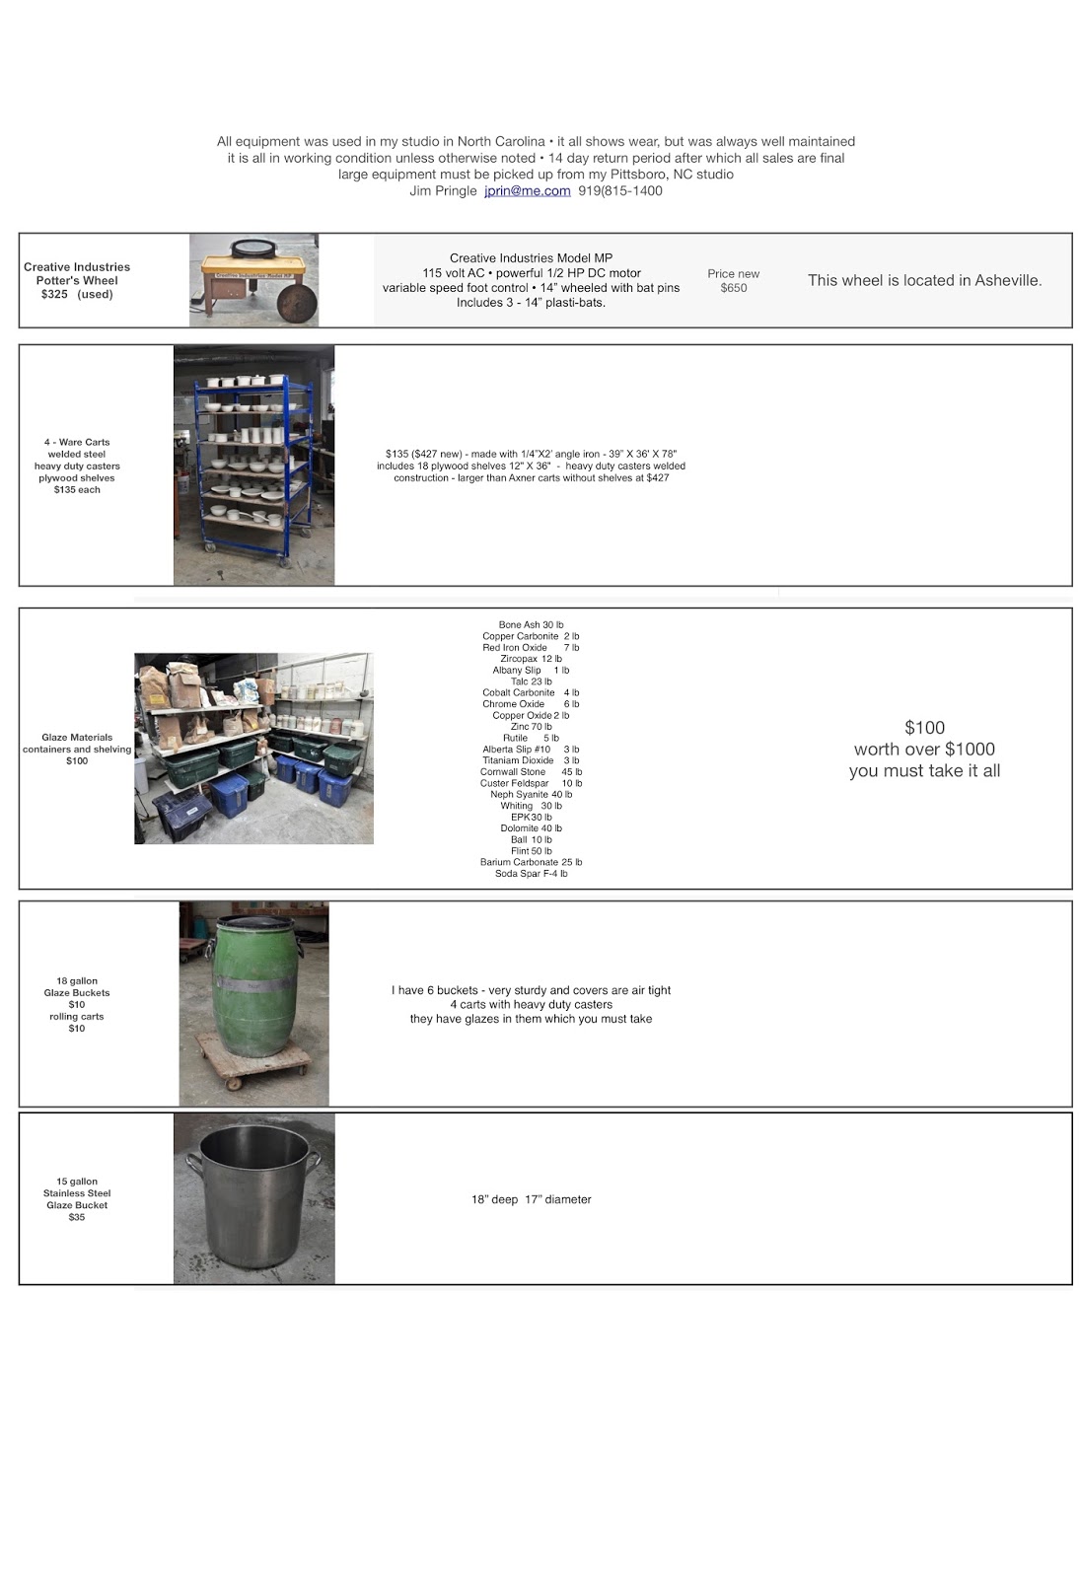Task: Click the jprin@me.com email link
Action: pos(527,191)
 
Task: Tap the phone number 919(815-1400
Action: pos(620,191)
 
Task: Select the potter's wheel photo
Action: pos(253,280)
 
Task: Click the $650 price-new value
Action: pos(734,288)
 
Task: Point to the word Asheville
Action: pos(1007,280)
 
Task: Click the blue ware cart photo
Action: pos(253,465)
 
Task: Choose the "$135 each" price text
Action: pos(77,490)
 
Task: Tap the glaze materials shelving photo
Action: pos(253,748)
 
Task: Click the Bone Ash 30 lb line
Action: pos(531,625)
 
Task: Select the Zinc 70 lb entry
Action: pos(531,727)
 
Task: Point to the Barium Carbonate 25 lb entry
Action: pos(531,863)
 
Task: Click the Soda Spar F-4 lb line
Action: pos(531,874)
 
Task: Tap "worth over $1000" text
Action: pos(924,750)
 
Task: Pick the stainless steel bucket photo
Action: pos(253,1198)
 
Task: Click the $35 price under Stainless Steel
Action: pos(77,1218)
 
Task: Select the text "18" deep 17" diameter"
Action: pos(531,1200)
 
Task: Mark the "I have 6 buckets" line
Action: pos(531,991)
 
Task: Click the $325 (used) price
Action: pos(77,295)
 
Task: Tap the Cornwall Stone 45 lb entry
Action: pos(531,772)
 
